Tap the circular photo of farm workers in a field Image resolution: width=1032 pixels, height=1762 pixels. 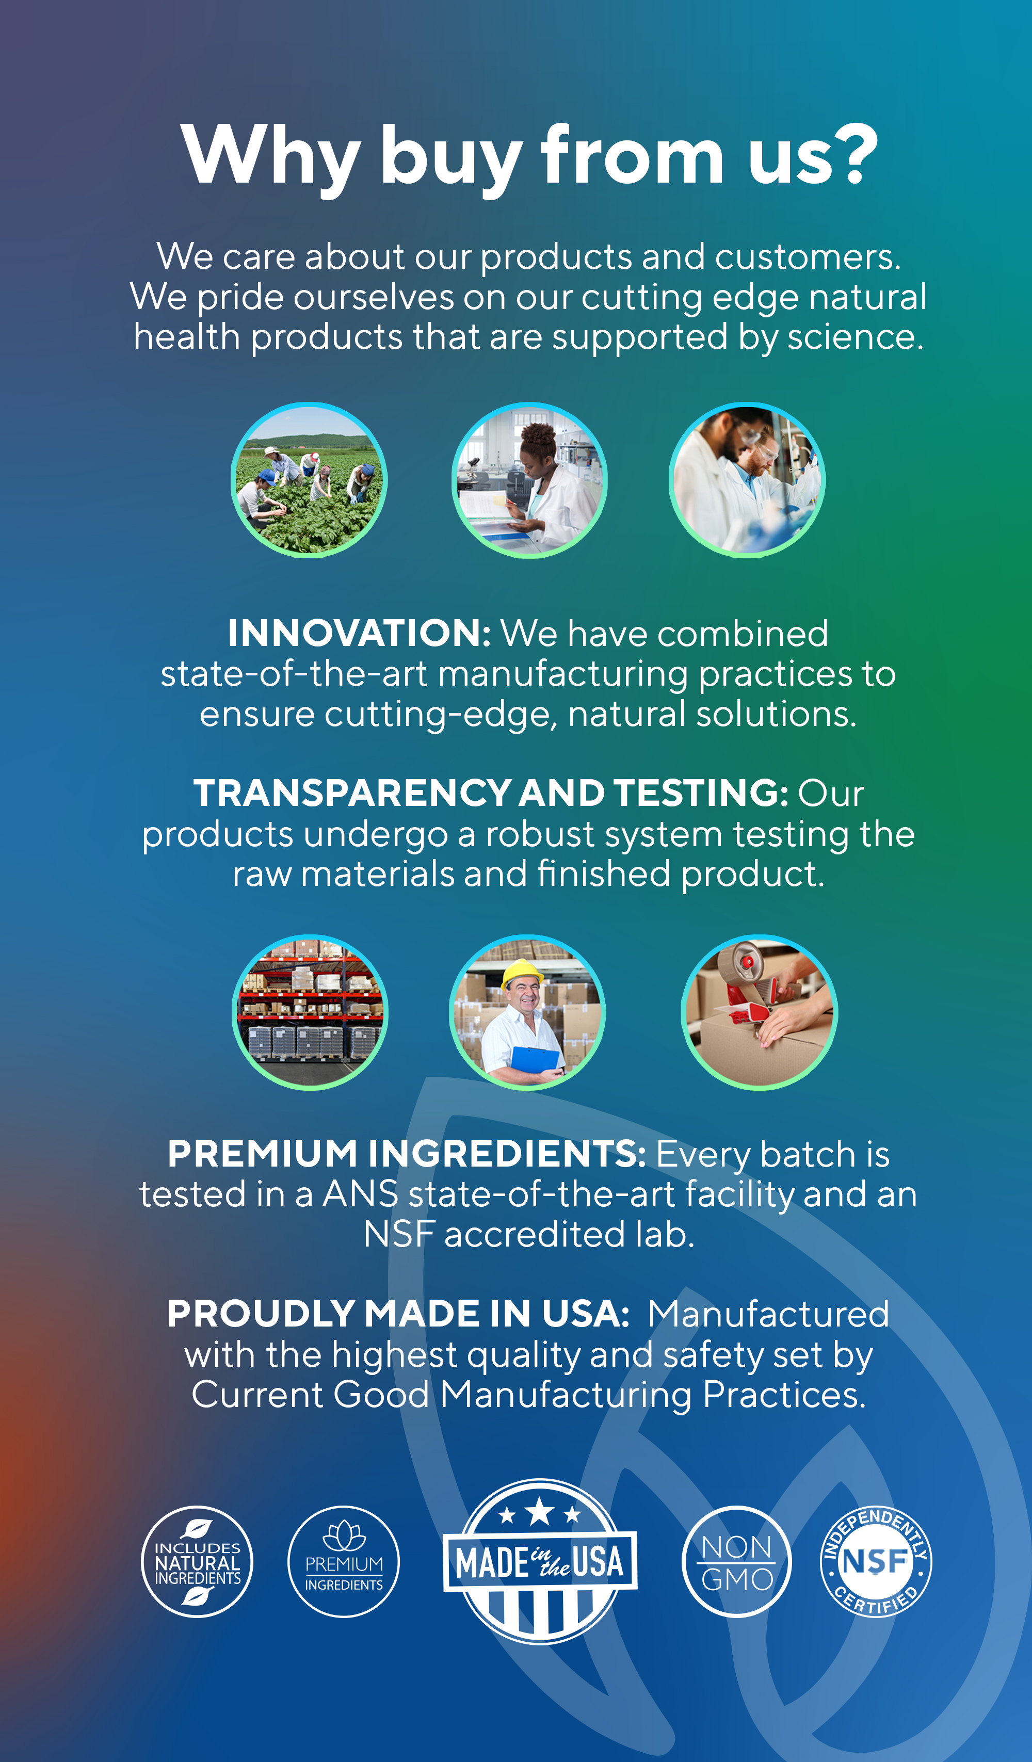[x=309, y=480]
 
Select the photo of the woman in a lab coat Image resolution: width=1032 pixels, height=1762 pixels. [x=529, y=480]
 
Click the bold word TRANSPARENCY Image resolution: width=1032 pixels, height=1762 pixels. [x=352, y=793]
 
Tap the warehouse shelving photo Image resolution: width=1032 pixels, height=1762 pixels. [x=310, y=1012]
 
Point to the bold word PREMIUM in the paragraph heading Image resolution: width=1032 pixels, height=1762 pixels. [x=262, y=1154]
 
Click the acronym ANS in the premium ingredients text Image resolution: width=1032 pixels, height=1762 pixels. [x=359, y=1194]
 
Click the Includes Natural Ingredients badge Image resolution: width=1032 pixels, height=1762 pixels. [x=197, y=1561]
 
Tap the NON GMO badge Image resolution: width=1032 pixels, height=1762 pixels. [x=737, y=1561]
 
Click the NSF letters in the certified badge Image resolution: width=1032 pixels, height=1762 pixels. [x=875, y=1561]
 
